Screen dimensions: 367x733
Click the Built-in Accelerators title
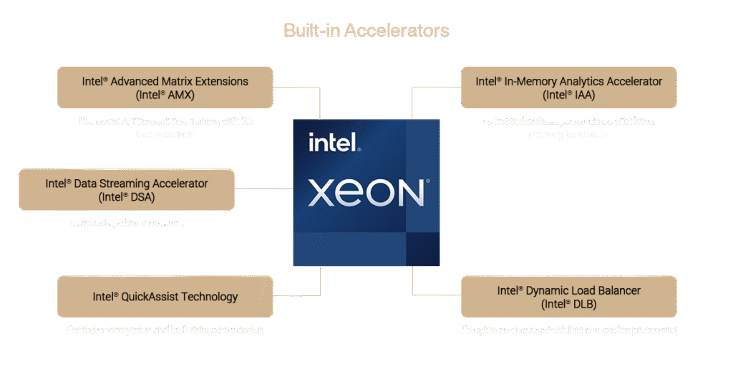[366, 31]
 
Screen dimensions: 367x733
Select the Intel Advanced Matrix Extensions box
[165, 87]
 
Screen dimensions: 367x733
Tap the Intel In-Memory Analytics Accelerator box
[568, 87]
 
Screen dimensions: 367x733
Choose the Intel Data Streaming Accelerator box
[127, 190]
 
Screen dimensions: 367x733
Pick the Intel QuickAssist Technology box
[165, 297]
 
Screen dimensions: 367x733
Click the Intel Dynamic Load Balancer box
[568, 297]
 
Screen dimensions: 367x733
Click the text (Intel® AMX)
[165, 95]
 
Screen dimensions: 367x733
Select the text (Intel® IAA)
[569, 95]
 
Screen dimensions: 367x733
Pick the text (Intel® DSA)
[127, 197]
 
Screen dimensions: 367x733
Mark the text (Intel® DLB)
[569, 304]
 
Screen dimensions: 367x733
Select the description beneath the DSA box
[127, 224]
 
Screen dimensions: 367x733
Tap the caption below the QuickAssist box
[165, 330]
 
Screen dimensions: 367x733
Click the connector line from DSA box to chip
[263, 189]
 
